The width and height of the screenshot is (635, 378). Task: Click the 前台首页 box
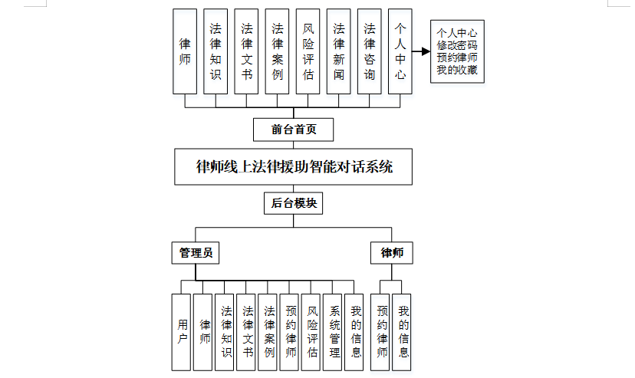click(294, 129)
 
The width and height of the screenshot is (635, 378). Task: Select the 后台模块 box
click(294, 204)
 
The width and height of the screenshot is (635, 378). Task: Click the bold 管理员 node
click(195, 252)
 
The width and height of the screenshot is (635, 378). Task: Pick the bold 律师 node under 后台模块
click(392, 252)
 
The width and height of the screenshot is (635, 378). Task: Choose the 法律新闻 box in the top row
click(338, 51)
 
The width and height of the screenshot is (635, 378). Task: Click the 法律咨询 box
click(369, 51)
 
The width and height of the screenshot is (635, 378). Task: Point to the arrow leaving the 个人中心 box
click(420, 52)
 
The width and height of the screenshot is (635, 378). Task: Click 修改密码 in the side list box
click(456, 45)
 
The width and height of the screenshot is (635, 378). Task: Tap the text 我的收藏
click(456, 71)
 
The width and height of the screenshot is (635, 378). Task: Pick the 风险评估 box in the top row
click(308, 51)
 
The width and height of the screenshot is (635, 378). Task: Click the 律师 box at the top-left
click(185, 51)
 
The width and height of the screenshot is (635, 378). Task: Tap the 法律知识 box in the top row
click(216, 51)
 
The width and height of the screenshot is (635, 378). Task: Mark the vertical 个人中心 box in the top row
click(400, 51)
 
